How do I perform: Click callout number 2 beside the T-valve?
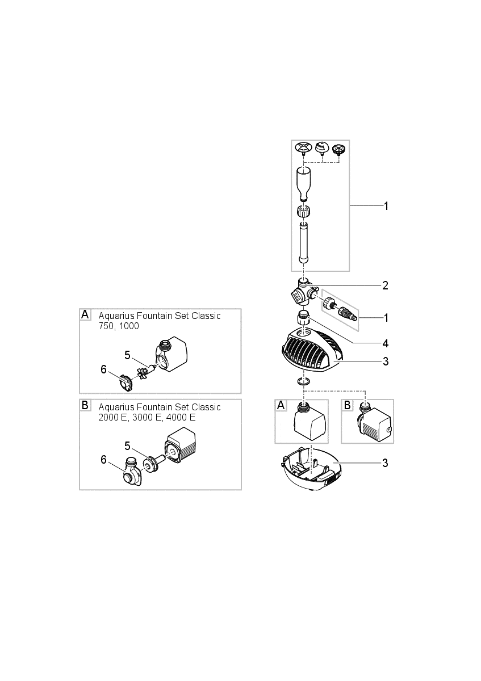[x=385, y=285]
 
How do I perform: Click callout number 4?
[x=385, y=343]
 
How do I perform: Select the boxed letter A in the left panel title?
[x=85, y=314]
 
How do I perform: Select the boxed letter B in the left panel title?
[x=85, y=406]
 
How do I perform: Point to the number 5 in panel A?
[x=128, y=355]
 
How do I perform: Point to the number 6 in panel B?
[x=103, y=459]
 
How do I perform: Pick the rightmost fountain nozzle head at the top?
[x=339, y=150]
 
